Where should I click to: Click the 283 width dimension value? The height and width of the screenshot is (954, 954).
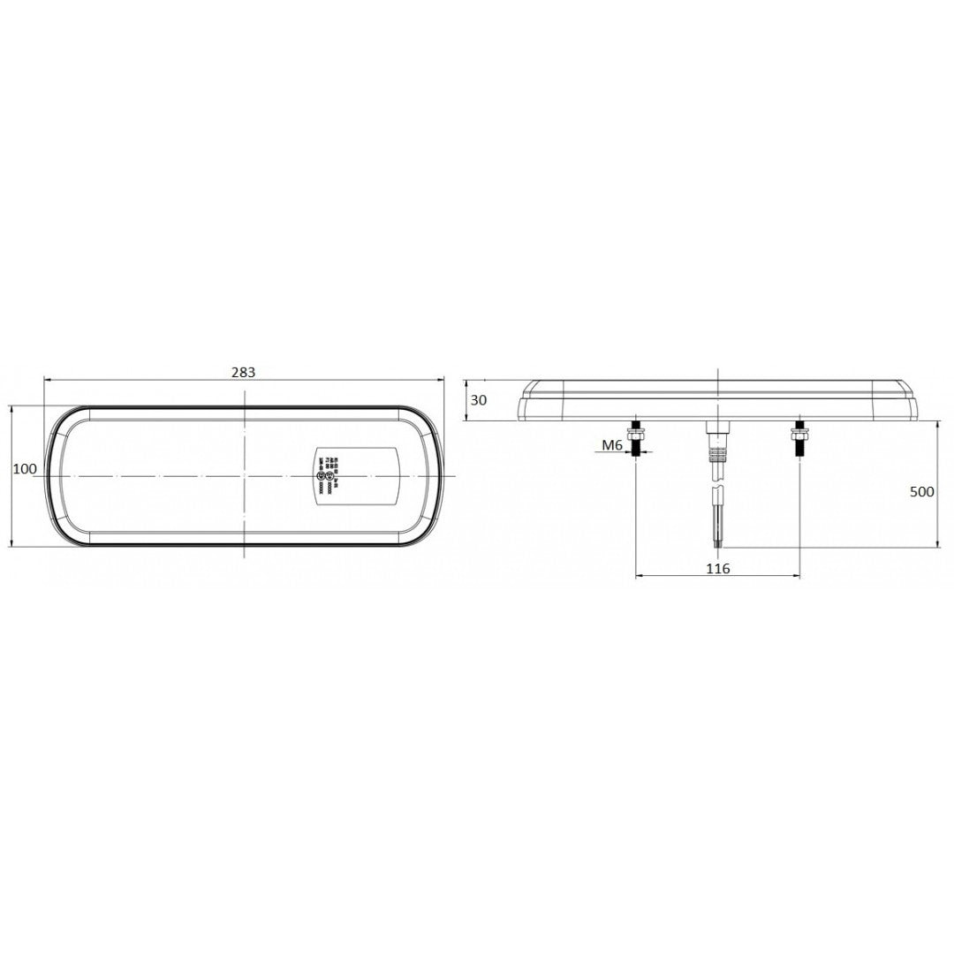click(243, 372)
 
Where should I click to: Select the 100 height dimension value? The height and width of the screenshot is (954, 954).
click(25, 469)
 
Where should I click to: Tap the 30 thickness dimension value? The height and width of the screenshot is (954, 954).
click(478, 400)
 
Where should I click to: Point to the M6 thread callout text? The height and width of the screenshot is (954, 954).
click(612, 446)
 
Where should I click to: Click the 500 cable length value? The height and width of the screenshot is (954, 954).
click(921, 492)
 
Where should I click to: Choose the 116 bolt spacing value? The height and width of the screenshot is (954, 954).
click(718, 568)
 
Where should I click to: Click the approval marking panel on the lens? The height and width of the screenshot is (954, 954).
click(357, 475)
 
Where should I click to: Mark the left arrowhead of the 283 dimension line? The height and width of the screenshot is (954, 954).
click(49, 380)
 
